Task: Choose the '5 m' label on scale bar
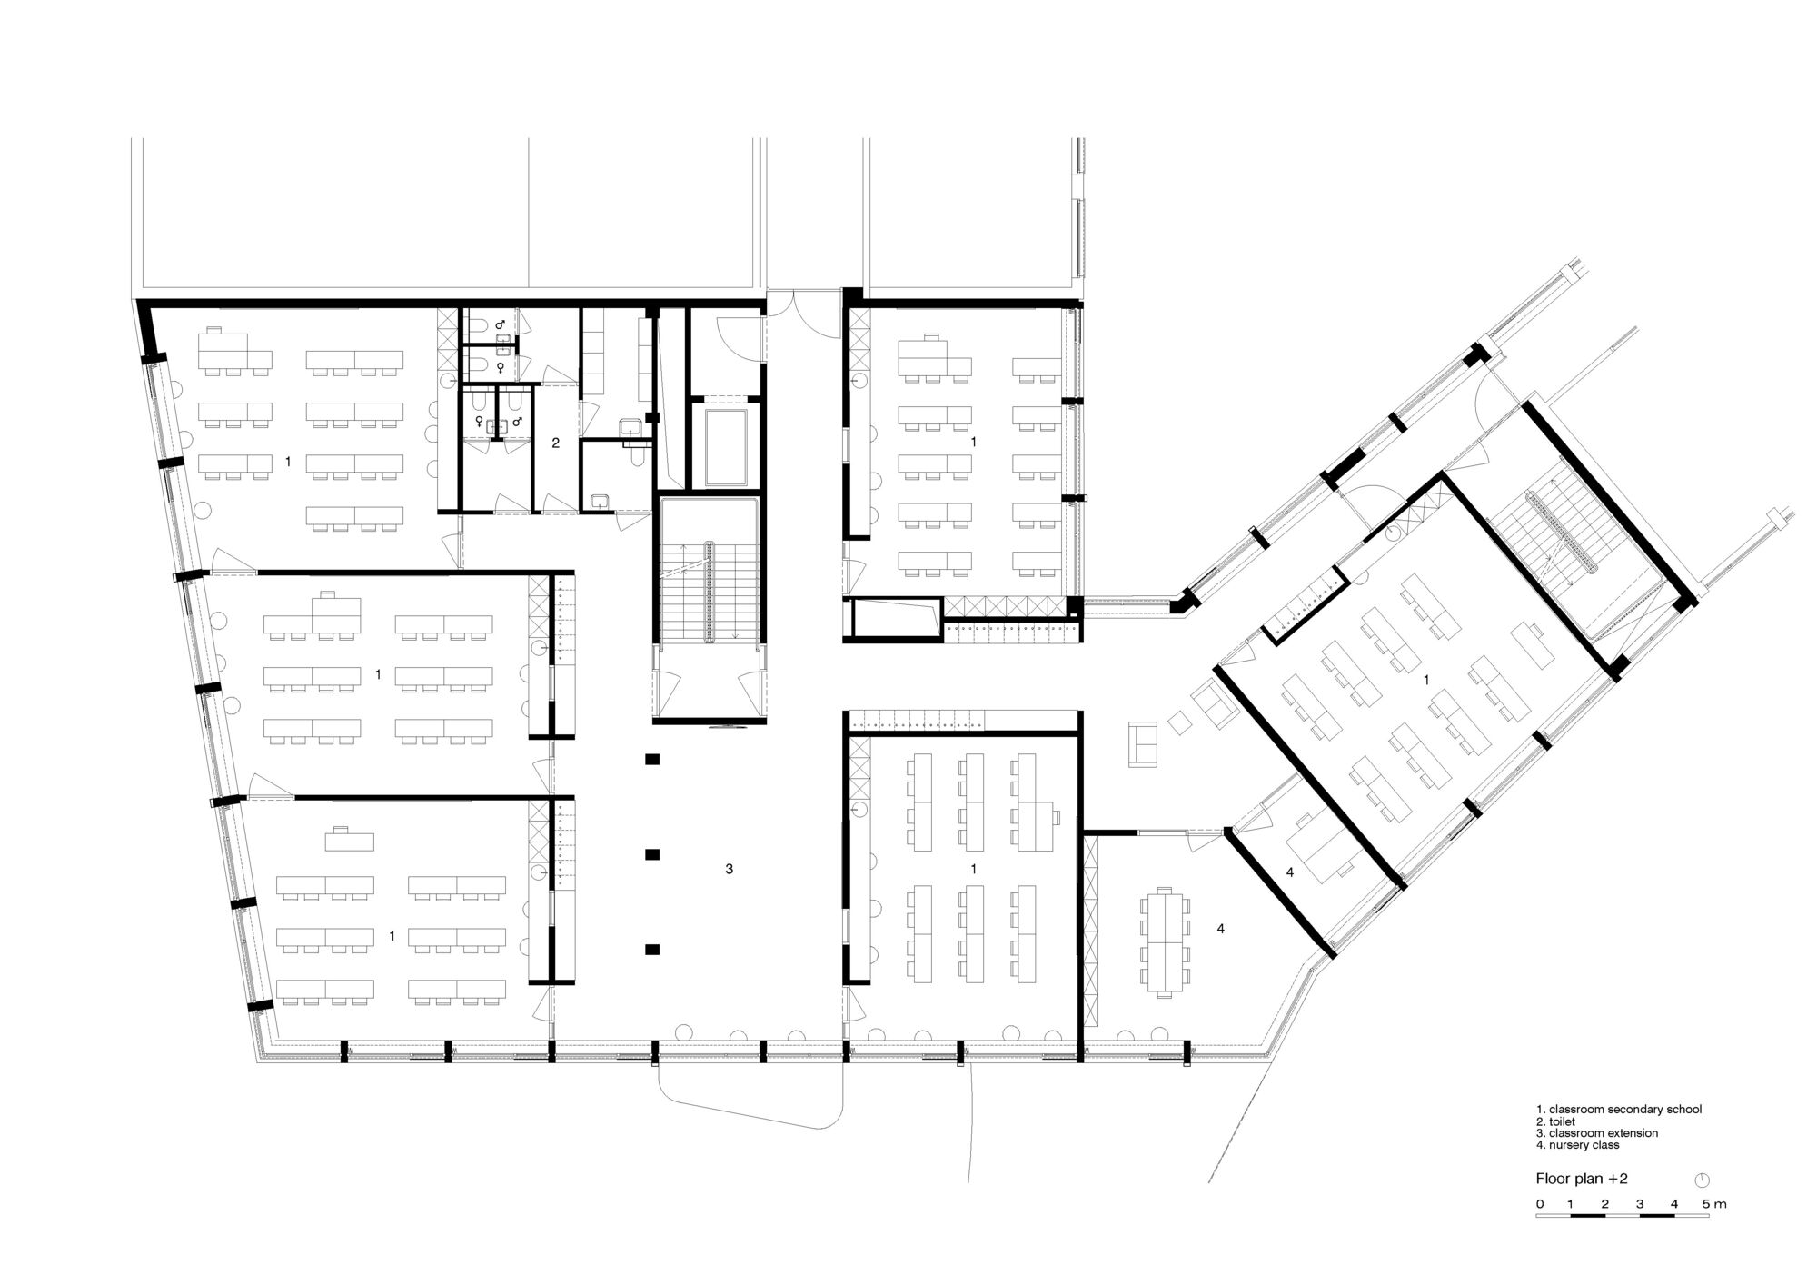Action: tap(1713, 1204)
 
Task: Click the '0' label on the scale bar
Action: tap(1539, 1204)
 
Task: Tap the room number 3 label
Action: tap(729, 870)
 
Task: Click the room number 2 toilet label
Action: tap(556, 443)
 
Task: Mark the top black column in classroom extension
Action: tap(651, 760)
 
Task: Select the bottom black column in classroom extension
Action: tap(651, 950)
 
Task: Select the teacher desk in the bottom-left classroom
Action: tap(352, 837)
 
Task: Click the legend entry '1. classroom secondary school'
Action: tap(1618, 1110)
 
